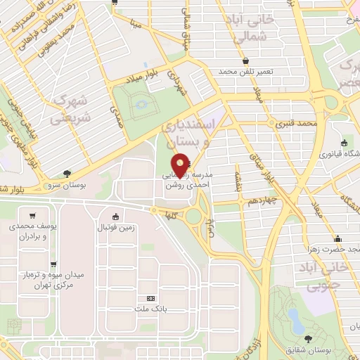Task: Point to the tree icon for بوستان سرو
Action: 67,172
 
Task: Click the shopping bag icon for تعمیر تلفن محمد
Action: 245,59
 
